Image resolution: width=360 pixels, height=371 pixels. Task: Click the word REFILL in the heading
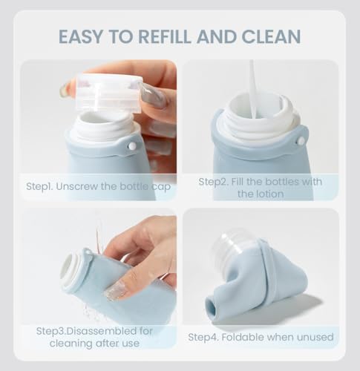tap(165, 36)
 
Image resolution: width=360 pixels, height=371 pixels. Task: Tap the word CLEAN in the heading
tap(271, 36)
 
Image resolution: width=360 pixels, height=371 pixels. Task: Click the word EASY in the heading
tap(80, 36)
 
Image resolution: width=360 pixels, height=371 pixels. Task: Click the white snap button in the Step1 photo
tap(132, 145)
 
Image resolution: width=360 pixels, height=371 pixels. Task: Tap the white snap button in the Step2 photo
tap(301, 141)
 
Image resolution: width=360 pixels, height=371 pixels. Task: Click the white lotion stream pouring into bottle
tap(253, 89)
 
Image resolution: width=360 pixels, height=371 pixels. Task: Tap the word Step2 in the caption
tap(214, 182)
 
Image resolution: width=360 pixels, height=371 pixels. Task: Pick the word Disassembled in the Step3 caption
tap(102, 331)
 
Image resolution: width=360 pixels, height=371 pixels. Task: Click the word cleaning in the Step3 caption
tap(70, 344)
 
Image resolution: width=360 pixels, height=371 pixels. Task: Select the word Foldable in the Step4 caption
tap(243, 337)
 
